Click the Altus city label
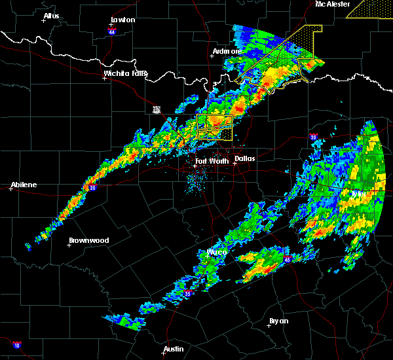51,16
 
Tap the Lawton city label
122,20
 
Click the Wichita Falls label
126,73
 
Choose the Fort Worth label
212,161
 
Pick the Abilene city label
24,185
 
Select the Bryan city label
278,321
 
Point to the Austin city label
174,349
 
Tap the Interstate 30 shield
313,137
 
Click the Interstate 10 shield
16,344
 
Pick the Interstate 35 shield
188,293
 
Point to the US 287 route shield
156,109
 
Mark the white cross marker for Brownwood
69,245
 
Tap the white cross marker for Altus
43,20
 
